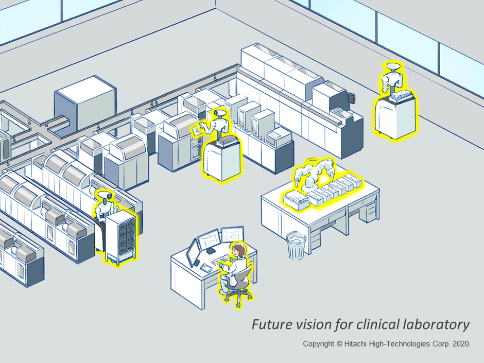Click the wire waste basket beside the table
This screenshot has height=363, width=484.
pyautogui.click(x=296, y=246)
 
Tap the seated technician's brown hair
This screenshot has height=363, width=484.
pyautogui.click(x=239, y=252)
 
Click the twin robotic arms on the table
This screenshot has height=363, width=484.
pyautogui.click(x=316, y=172)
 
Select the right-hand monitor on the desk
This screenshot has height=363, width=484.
pyautogui.click(x=232, y=235)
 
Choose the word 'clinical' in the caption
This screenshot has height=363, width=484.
pyautogui.click(x=368, y=325)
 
